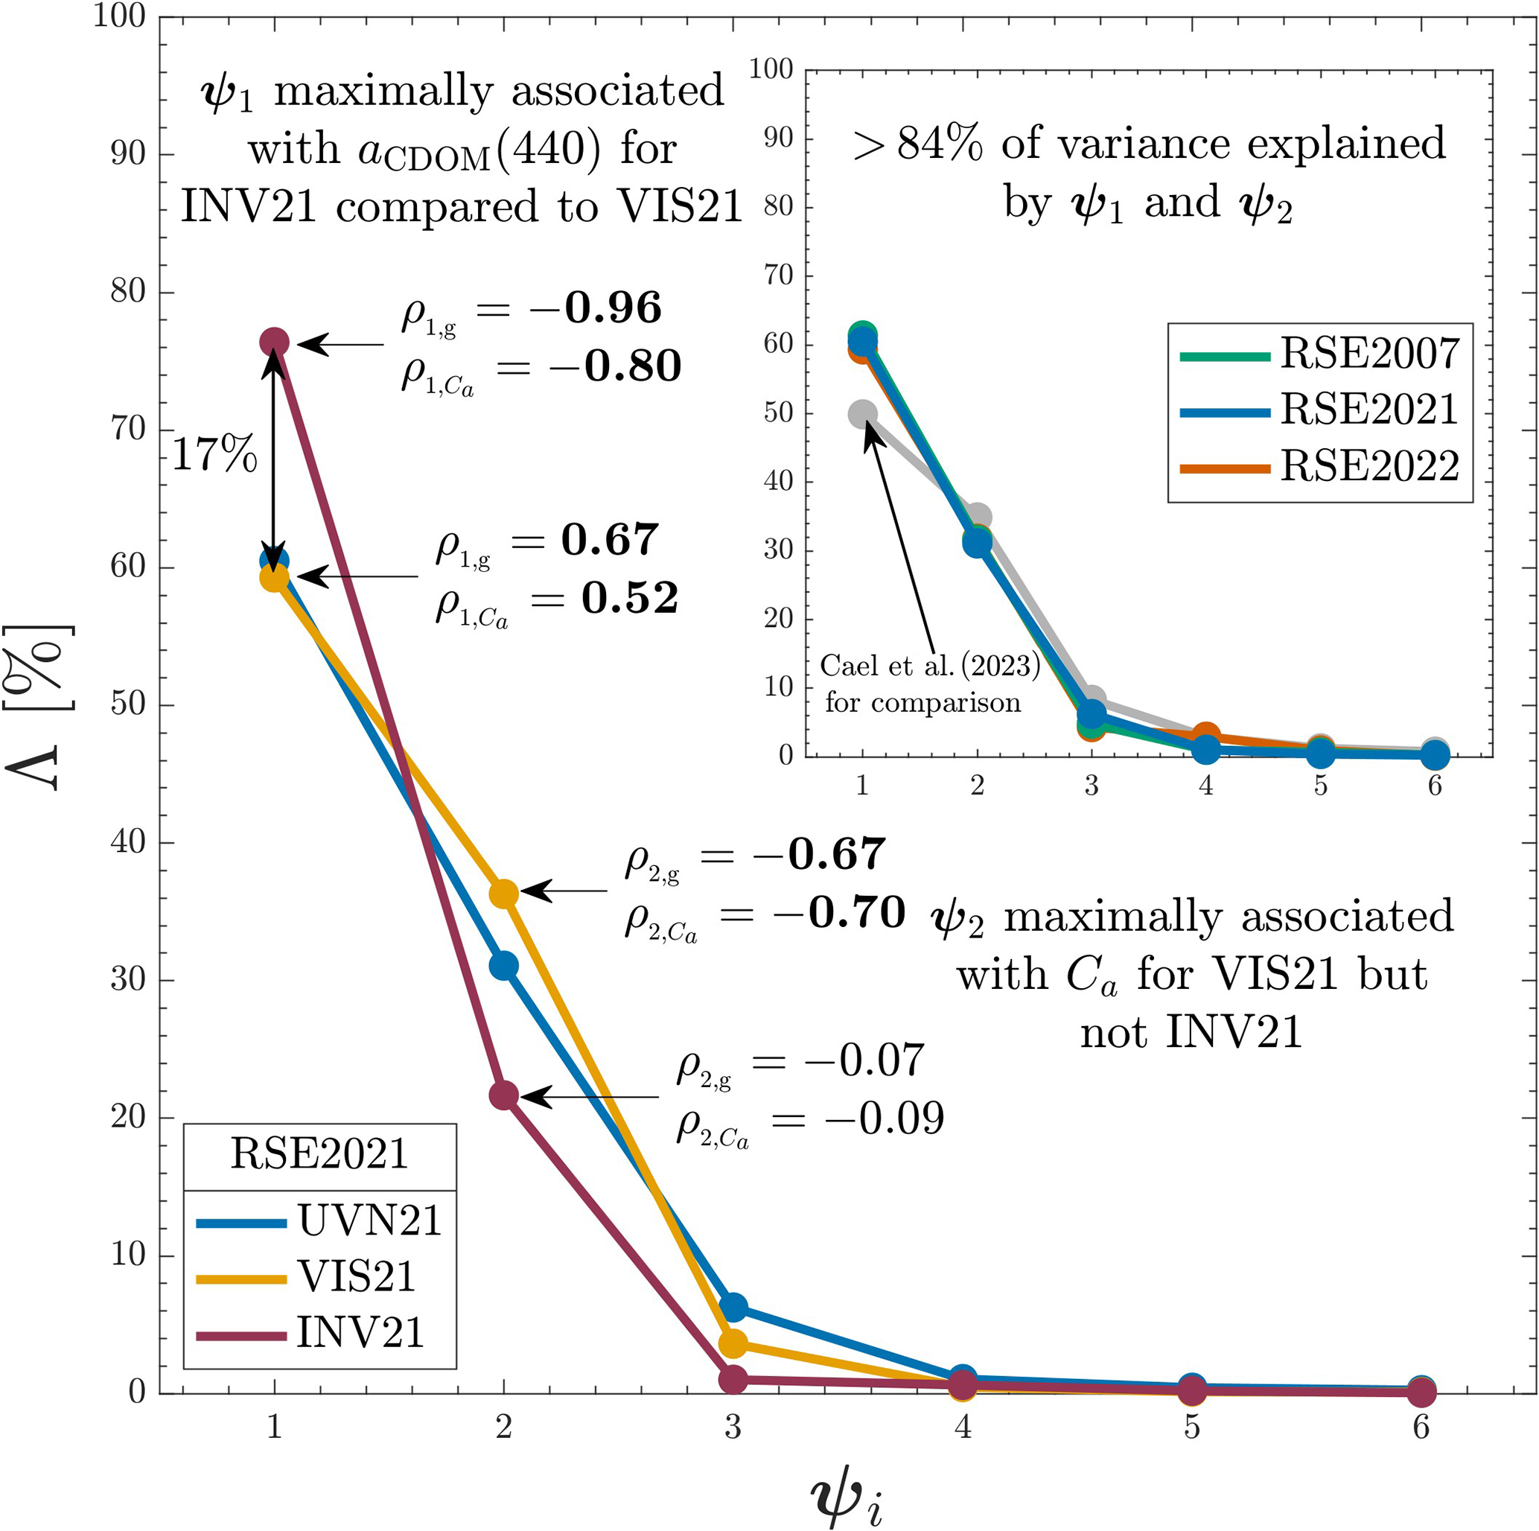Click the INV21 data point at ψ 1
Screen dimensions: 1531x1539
(x=274, y=342)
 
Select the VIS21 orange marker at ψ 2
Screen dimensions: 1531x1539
(x=503, y=894)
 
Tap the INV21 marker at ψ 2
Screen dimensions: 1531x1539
(x=503, y=1096)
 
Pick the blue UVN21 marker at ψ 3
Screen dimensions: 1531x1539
(x=733, y=1307)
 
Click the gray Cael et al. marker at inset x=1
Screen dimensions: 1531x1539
(x=863, y=413)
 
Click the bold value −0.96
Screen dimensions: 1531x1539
(x=613, y=308)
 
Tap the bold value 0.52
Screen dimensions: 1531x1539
(x=629, y=597)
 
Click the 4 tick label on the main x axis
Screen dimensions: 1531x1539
(x=962, y=1427)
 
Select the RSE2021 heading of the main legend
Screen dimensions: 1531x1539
(x=319, y=1153)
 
